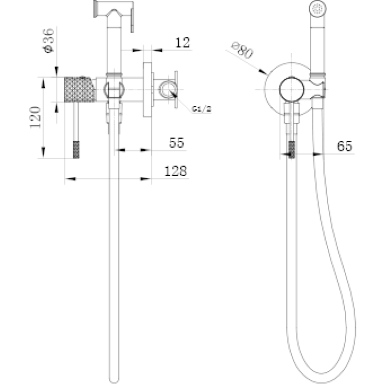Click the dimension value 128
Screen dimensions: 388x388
[175, 171]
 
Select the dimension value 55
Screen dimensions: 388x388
[177, 143]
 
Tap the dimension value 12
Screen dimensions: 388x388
[183, 43]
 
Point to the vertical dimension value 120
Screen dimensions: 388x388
[35, 117]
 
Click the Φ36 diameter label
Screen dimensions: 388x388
[48, 40]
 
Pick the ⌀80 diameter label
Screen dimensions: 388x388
[243, 50]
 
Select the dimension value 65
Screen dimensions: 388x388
[344, 146]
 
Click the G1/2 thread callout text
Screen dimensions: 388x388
[202, 109]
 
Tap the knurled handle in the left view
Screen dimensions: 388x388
[80, 89]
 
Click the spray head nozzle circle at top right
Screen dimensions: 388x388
[318, 9]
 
